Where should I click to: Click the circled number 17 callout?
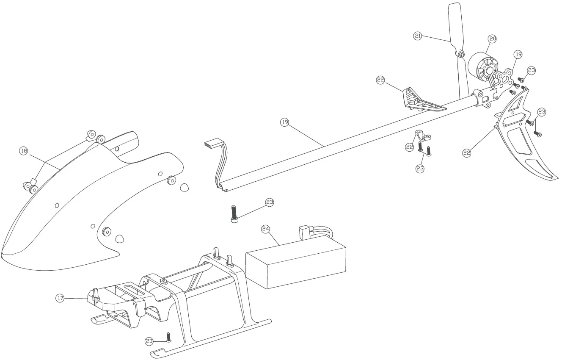60,299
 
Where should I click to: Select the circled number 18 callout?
24,151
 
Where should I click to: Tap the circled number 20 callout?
492,39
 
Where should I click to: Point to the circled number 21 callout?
418,36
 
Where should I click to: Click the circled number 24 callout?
265,229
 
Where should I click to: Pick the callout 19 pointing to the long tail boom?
285,122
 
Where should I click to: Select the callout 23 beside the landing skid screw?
149,341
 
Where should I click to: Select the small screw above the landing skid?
168,338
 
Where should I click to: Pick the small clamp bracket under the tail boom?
421,136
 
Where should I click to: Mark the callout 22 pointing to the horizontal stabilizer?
380,79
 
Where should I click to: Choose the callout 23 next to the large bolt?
270,202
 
